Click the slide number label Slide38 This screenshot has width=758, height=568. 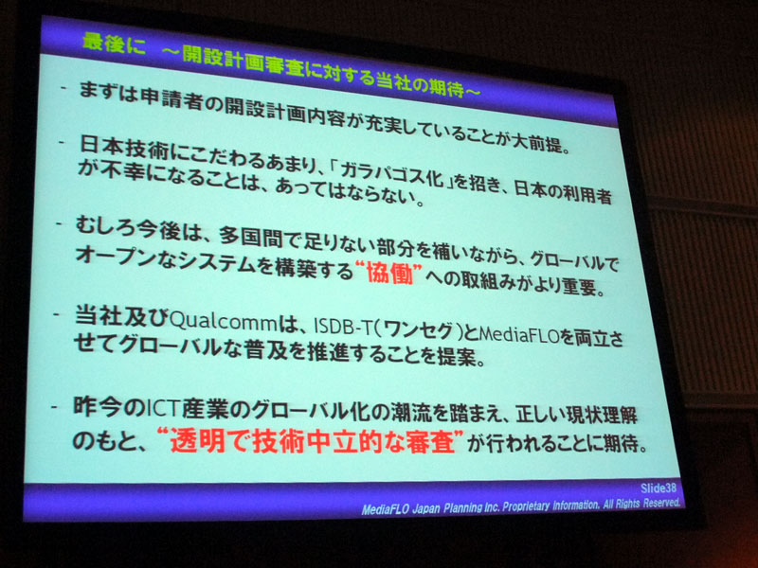point(656,489)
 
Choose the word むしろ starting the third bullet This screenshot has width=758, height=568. point(105,226)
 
